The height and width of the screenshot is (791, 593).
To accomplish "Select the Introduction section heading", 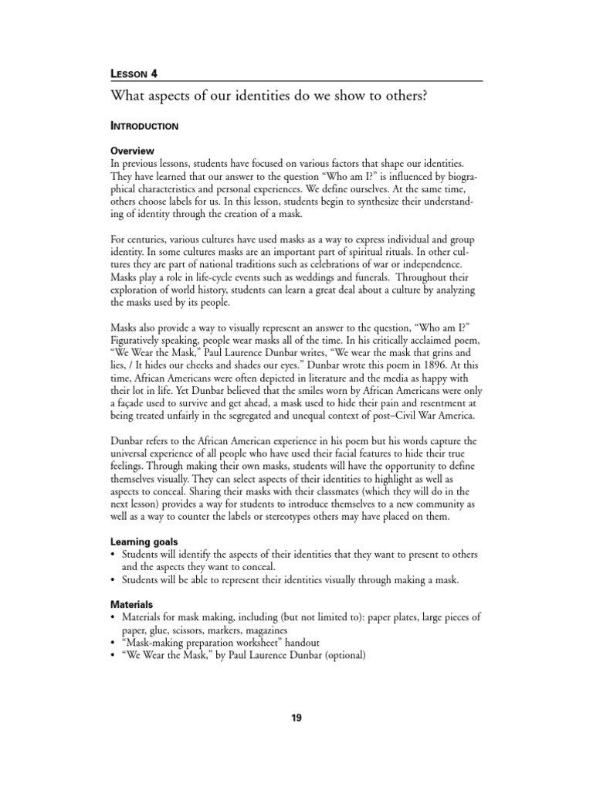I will click(145, 126).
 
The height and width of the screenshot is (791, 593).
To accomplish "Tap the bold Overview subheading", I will click(133, 151).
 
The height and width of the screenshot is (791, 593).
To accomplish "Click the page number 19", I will click(296, 718).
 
